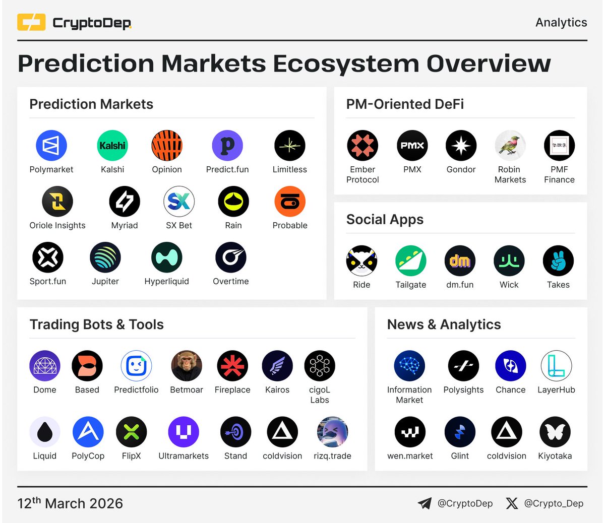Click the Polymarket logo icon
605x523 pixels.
(x=51, y=146)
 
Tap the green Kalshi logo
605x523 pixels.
(x=112, y=146)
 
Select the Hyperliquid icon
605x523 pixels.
(x=166, y=257)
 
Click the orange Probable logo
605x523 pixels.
(x=290, y=202)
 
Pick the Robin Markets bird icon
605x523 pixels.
(x=510, y=146)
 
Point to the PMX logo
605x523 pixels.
(x=412, y=146)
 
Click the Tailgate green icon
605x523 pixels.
(x=411, y=261)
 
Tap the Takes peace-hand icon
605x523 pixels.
(x=558, y=261)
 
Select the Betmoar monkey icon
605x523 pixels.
(x=187, y=366)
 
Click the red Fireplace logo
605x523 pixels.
(x=232, y=366)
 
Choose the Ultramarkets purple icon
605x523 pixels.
(x=184, y=432)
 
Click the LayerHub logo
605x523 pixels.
(x=556, y=366)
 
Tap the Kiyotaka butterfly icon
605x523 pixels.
(x=555, y=432)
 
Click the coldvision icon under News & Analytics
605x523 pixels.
(x=507, y=432)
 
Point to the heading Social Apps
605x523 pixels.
(x=385, y=220)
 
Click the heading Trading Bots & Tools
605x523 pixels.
(x=97, y=324)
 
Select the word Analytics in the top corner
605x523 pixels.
(x=561, y=23)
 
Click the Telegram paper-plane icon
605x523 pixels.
(x=425, y=503)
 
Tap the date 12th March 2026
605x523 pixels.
(x=70, y=503)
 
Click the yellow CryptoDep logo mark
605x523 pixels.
(x=31, y=23)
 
